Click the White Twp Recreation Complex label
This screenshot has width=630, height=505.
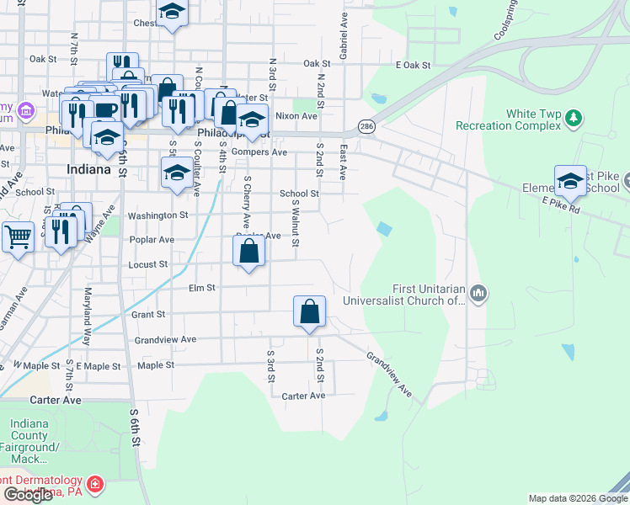[508, 120]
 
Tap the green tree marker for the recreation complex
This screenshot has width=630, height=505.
[574, 116]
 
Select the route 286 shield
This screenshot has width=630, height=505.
[366, 126]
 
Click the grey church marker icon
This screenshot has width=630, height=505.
[479, 293]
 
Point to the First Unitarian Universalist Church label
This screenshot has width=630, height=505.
[403, 293]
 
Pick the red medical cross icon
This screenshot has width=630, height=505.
[96, 485]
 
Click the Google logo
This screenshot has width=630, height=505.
[28, 495]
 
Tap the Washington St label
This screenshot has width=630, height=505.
[157, 215]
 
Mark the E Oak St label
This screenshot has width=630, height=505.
[412, 64]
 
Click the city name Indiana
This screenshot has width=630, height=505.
[88, 169]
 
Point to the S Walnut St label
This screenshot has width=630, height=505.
[296, 224]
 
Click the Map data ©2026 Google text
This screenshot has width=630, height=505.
[577, 498]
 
